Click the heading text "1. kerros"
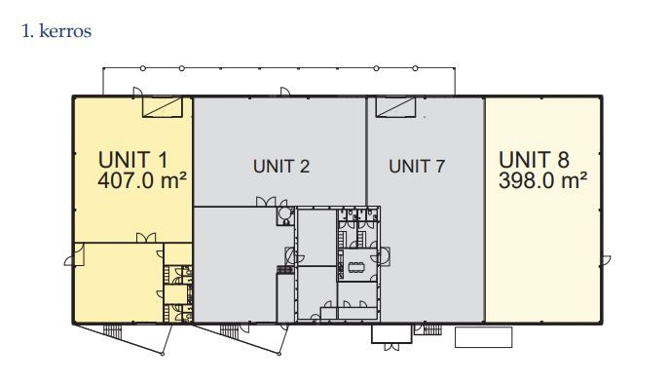click(x=56, y=31)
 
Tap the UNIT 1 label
click(x=133, y=160)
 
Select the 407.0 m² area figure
click(x=142, y=180)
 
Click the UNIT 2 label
click(x=281, y=166)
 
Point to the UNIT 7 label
click(x=417, y=166)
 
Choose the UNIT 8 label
click(x=534, y=160)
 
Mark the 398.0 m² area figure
click(x=542, y=180)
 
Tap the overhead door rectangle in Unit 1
click(x=162, y=107)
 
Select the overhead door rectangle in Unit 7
click(x=395, y=107)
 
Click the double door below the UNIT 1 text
click(x=146, y=238)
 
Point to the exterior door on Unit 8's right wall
click(x=606, y=260)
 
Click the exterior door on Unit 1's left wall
click(x=69, y=260)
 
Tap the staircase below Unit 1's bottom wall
click(x=113, y=331)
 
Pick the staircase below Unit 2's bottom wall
click(x=230, y=331)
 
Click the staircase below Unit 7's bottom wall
click(x=432, y=329)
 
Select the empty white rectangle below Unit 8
click(x=483, y=337)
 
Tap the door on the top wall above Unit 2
click(x=285, y=92)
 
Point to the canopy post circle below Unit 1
click(x=163, y=354)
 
